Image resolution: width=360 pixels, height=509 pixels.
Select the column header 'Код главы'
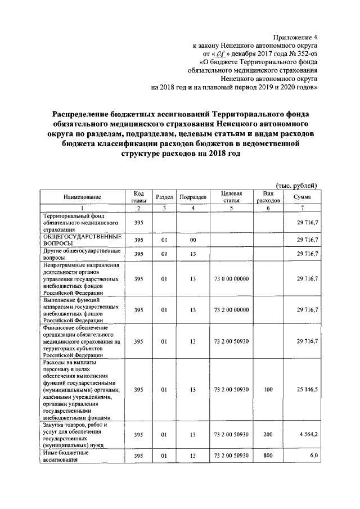tap(139, 197)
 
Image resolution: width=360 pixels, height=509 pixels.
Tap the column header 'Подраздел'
tap(193, 197)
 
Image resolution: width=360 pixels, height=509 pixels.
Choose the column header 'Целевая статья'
tap(231, 197)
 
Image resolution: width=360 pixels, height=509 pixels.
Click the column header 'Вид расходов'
tap(268, 197)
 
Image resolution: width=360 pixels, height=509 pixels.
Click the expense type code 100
tap(268, 390)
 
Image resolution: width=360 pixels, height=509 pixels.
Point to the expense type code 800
tap(268, 456)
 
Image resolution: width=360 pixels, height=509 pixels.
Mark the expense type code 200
tap(268, 435)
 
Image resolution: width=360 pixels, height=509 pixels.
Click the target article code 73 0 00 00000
tap(231, 279)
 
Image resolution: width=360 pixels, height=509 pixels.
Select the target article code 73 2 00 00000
tap(231, 310)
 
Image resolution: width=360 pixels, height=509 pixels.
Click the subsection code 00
tap(192, 240)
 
